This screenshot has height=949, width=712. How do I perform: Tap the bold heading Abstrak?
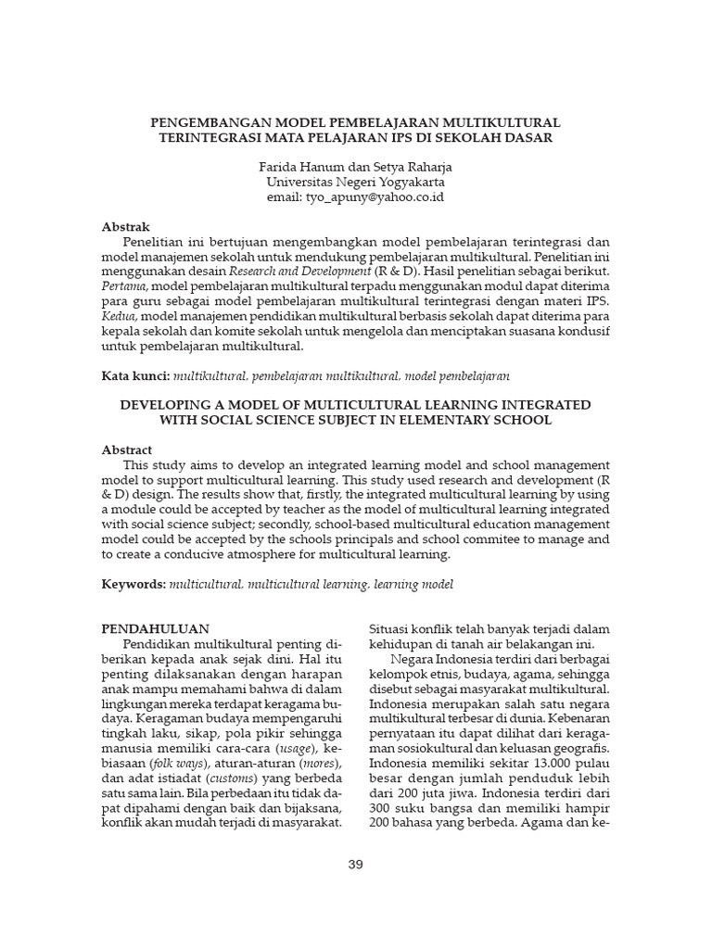point(125,227)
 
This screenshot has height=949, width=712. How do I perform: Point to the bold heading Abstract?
point(127,449)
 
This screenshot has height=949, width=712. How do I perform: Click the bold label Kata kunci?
point(135,376)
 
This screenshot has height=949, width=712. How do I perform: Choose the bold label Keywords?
point(133,585)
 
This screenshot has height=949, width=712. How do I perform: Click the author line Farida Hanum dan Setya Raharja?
point(355,168)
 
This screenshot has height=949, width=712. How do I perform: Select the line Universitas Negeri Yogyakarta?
point(355,183)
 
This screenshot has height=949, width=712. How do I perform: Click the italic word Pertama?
point(123,287)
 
